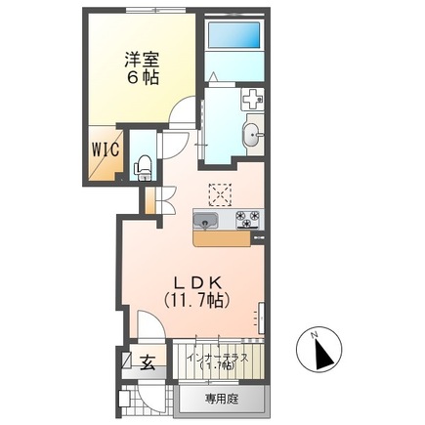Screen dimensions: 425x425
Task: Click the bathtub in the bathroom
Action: click(234, 40)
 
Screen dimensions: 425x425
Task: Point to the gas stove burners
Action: click(245, 218)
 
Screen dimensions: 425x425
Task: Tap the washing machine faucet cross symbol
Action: click(252, 99)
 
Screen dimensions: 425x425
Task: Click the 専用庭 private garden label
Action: click(222, 399)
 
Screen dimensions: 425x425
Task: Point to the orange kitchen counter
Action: click(222, 235)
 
